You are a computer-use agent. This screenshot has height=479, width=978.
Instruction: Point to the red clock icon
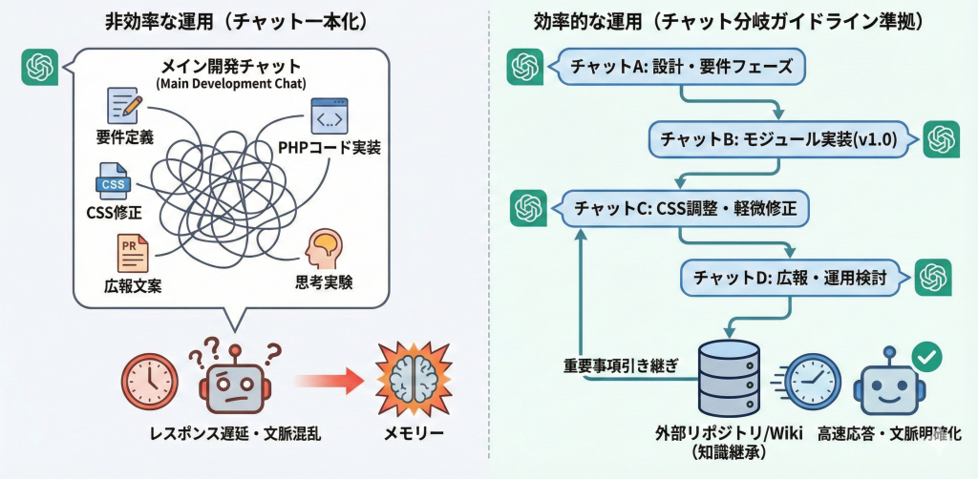[x=150, y=380]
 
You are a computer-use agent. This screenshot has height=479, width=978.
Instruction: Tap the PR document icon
[x=128, y=253]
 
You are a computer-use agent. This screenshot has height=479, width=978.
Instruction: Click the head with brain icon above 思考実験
[x=322, y=251]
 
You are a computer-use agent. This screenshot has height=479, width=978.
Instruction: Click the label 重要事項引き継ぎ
[x=622, y=366]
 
